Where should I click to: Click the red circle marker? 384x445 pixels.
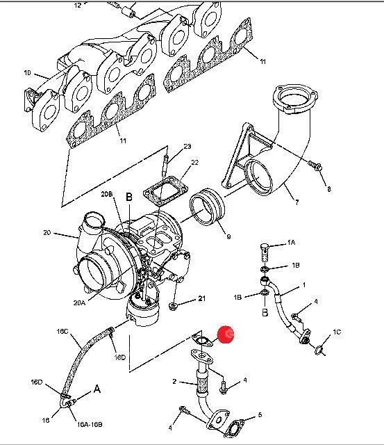pyautogui.click(x=226, y=334)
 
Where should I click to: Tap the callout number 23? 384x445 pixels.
pyautogui.click(x=187, y=147)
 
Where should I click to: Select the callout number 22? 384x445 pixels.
pyautogui.click(x=195, y=163)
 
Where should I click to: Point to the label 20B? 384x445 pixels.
pyautogui.click(x=107, y=194)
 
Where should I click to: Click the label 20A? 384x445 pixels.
pyautogui.click(x=79, y=303)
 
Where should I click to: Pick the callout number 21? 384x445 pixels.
pyautogui.click(x=201, y=298)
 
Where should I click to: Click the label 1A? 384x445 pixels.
pyautogui.click(x=291, y=243)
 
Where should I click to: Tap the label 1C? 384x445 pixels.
pyautogui.click(x=337, y=332)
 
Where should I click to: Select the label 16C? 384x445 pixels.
pyautogui.click(x=62, y=331)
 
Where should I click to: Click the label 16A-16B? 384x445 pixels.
pyautogui.click(x=90, y=425)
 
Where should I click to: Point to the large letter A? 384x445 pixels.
pyautogui.click(x=97, y=389)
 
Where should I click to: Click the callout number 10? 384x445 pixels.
pyautogui.click(x=27, y=73)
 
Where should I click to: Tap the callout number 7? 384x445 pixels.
pyautogui.click(x=297, y=202)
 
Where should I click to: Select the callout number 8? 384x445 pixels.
pyautogui.click(x=328, y=188)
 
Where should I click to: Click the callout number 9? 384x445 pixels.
pyautogui.click(x=228, y=236)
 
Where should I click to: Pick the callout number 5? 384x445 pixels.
pyautogui.click(x=260, y=415)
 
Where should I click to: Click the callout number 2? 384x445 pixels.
pyautogui.click(x=174, y=381)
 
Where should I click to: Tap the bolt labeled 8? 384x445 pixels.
pyautogui.click(x=315, y=165)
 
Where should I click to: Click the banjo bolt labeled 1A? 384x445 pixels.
pyautogui.click(x=264, y=252)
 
